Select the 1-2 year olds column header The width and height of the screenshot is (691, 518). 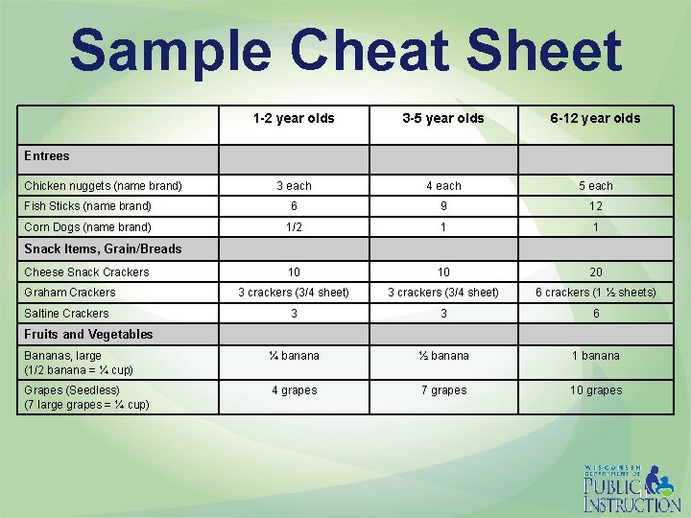coord(294,119)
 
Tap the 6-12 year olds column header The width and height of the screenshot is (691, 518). coord(595,119)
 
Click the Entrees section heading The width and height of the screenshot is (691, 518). coord(47,155)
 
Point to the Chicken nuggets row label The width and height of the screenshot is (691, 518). coord(103,186)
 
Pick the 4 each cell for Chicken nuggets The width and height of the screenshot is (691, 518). coord(443,186)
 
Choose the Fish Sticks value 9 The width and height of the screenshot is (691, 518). coord(443,206)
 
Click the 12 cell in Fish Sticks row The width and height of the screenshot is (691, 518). coord(596,206)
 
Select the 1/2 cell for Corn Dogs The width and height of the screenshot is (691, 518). coord(294,227)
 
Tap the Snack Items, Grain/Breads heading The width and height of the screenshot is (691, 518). coord(103,249)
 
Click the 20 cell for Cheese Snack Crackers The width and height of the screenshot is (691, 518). coord(596,272)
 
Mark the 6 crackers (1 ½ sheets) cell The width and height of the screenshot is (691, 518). coord(596,293)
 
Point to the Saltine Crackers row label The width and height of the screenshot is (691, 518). coord(66,314)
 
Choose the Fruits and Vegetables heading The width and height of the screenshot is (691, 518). coord(88,335)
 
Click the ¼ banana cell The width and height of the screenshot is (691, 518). coord(294,356)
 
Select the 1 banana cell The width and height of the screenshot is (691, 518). coord(596,356)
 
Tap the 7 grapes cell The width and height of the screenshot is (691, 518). coord(443,390)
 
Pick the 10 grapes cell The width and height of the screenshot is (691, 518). coord(596,390)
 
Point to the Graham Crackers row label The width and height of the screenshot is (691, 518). coord(69,293)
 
